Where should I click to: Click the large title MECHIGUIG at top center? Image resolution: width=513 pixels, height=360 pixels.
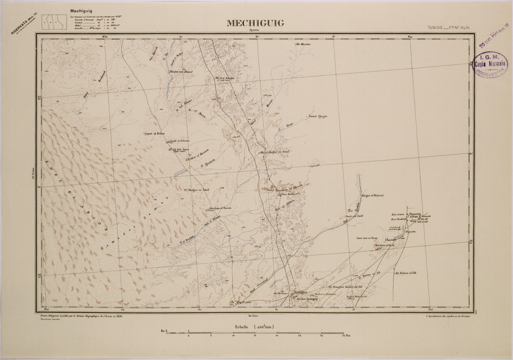pos(255,23)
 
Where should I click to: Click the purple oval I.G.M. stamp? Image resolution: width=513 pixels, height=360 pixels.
pos(490,65)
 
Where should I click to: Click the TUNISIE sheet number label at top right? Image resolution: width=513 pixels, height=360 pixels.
pos(450,27)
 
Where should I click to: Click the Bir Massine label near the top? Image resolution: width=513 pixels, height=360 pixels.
pos(303,44)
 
